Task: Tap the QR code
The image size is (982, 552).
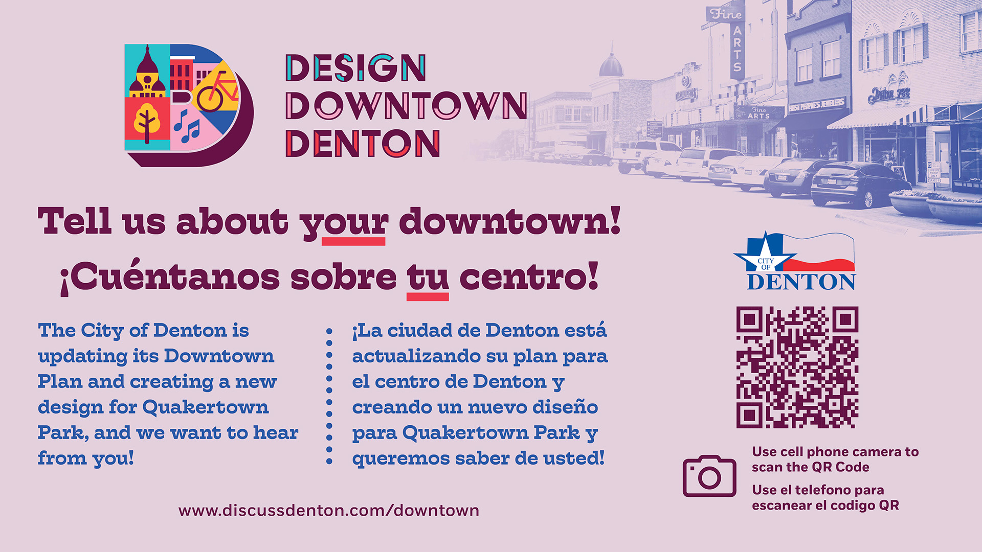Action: pos(797,367)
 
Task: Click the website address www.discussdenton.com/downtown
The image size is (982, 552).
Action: pos(329,510)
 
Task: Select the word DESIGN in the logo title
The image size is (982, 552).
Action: pos(355,68)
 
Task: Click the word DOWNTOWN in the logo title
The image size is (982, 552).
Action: pos(406,106)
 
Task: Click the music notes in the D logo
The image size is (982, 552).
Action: pos(187,127)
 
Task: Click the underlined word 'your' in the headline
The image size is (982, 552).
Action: pos(344,222)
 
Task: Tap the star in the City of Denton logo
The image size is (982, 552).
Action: pos(765,254)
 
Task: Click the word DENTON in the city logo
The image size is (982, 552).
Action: pos(801,282)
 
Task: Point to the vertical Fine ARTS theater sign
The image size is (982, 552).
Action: pos(737,43)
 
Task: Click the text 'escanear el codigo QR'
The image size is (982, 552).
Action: pos(825,505)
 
